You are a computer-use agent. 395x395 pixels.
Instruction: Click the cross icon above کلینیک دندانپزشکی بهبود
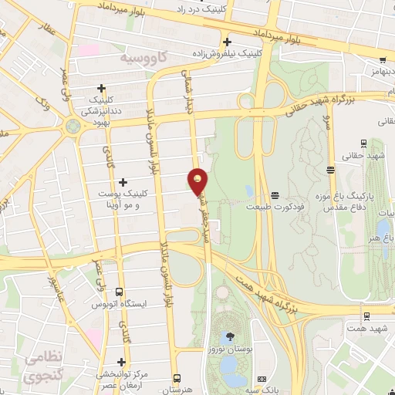tap(101, 89)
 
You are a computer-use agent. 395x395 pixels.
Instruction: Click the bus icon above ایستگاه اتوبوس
tap(118, 292)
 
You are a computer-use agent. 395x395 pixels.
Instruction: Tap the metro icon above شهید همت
tap(366, 316)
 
